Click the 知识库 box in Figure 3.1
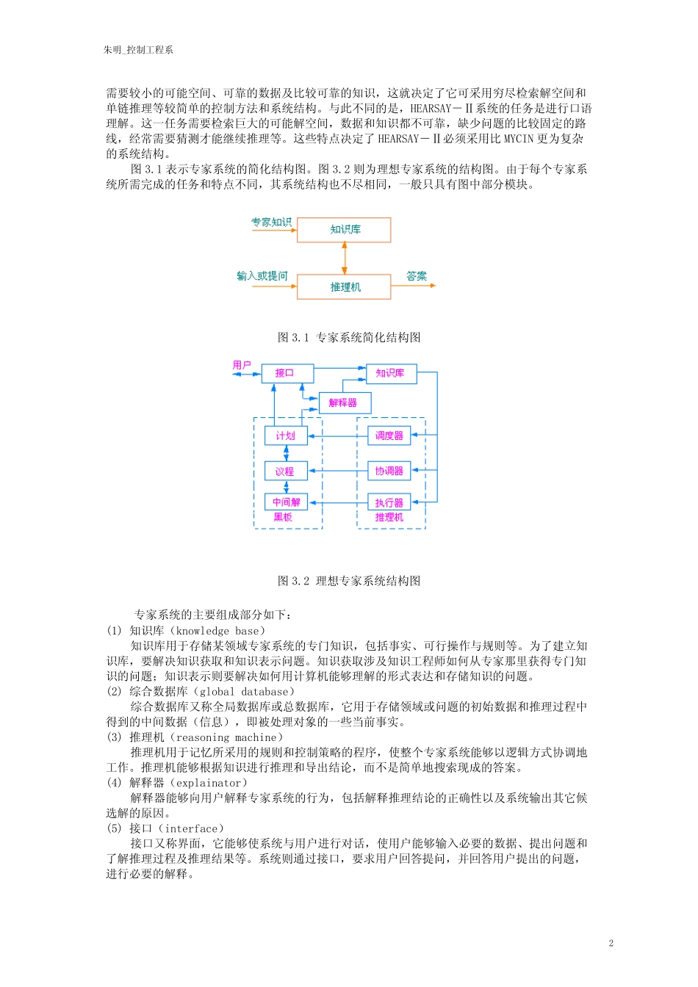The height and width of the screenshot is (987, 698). click(344, 230)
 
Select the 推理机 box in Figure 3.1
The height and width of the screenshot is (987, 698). click(344, 287)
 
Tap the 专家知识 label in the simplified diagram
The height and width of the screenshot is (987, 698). click(271, 222)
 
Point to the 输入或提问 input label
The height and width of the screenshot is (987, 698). click(262, 276)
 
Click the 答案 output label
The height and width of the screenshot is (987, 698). click(417, 276)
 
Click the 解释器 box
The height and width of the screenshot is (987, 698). click(345, 402)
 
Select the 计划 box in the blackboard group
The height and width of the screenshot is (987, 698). click(286, 435)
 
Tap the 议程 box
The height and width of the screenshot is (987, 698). click(285, 471)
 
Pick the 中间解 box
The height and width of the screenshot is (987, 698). click(286, 502)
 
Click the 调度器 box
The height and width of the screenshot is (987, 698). click(389, 435)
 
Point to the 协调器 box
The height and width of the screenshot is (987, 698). click(389, 471)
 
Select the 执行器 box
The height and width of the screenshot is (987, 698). click(389, 502)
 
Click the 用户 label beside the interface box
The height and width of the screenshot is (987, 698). click(242, 365)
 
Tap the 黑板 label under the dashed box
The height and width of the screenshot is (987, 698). click(283, 517)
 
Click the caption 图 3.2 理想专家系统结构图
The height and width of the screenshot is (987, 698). click(349, 581)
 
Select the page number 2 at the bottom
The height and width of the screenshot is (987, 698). click(611, 943)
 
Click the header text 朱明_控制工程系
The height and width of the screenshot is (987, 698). click(138, 50)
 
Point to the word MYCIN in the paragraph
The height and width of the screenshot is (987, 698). click(518, 139)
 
